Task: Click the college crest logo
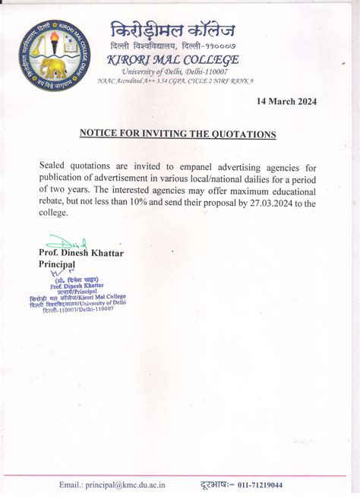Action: [x=54, y=54]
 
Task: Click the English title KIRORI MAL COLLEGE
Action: [x=174, y=59]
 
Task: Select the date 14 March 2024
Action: [x=286, y=101]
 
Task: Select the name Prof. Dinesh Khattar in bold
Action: [x=81, y=252]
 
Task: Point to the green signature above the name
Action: [x=67, y=243]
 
